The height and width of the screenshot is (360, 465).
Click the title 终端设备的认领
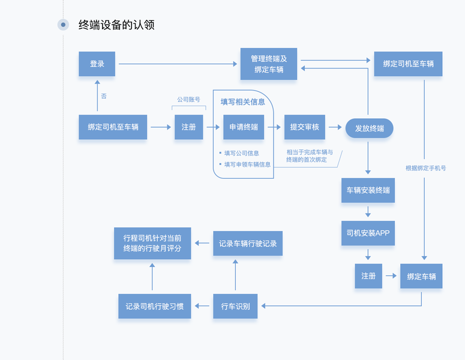(x=116, y=25)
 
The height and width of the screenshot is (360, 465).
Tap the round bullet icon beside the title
(x=63, y=25)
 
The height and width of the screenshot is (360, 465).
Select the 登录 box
(x=97, y=64)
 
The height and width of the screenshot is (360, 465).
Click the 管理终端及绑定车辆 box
(x=269, y=64)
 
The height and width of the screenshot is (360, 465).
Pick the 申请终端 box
(x=244, y=127)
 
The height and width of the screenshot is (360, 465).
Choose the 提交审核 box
(x=304, y=127)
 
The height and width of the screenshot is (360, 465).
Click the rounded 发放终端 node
(x=369, y=128)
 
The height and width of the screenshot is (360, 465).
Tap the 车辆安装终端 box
(x=368, y=190)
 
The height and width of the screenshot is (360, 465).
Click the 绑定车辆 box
(x=421, y=276)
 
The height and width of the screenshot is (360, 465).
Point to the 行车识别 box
(x=235, y=307)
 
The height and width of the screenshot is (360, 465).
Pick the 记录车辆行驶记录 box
(x=248, y=244)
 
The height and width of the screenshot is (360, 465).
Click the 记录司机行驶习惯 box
(x=154, y=307)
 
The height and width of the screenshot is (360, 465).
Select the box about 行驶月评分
(x=152, y=243)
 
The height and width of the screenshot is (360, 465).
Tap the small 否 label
(x=104, y=96)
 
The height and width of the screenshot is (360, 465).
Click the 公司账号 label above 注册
(x=188, y=100)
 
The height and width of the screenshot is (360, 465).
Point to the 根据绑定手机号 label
(x=425, y=168)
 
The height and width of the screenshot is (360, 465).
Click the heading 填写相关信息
(x=243, y=101)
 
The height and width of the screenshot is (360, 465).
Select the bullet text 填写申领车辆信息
(x=247, y=164)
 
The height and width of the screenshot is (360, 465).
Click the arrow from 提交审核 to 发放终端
(x=335, y=127)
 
